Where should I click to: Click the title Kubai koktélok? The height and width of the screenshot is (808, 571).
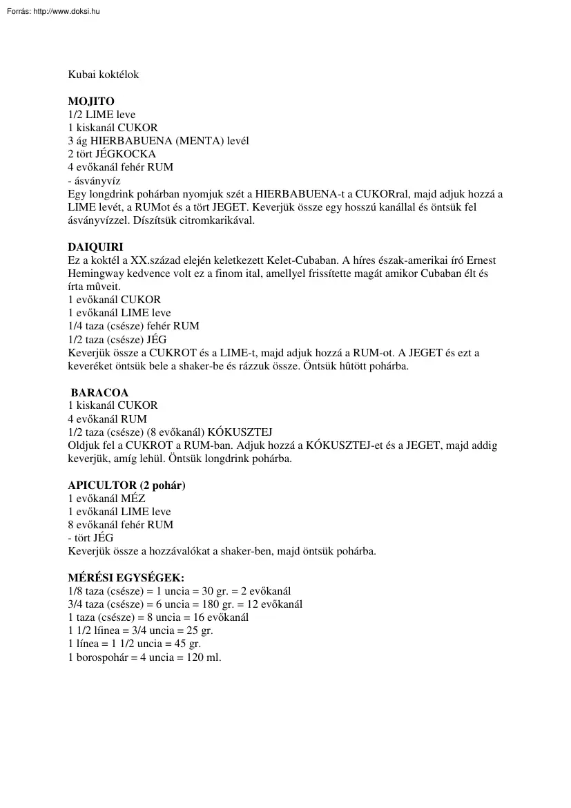103,75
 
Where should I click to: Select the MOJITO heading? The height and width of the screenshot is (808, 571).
91,102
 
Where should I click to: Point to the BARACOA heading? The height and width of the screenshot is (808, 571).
99,393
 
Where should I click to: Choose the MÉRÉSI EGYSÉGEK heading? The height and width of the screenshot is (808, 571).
126,578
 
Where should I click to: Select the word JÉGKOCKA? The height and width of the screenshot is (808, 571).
126,154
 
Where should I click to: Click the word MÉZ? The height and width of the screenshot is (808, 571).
133,499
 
